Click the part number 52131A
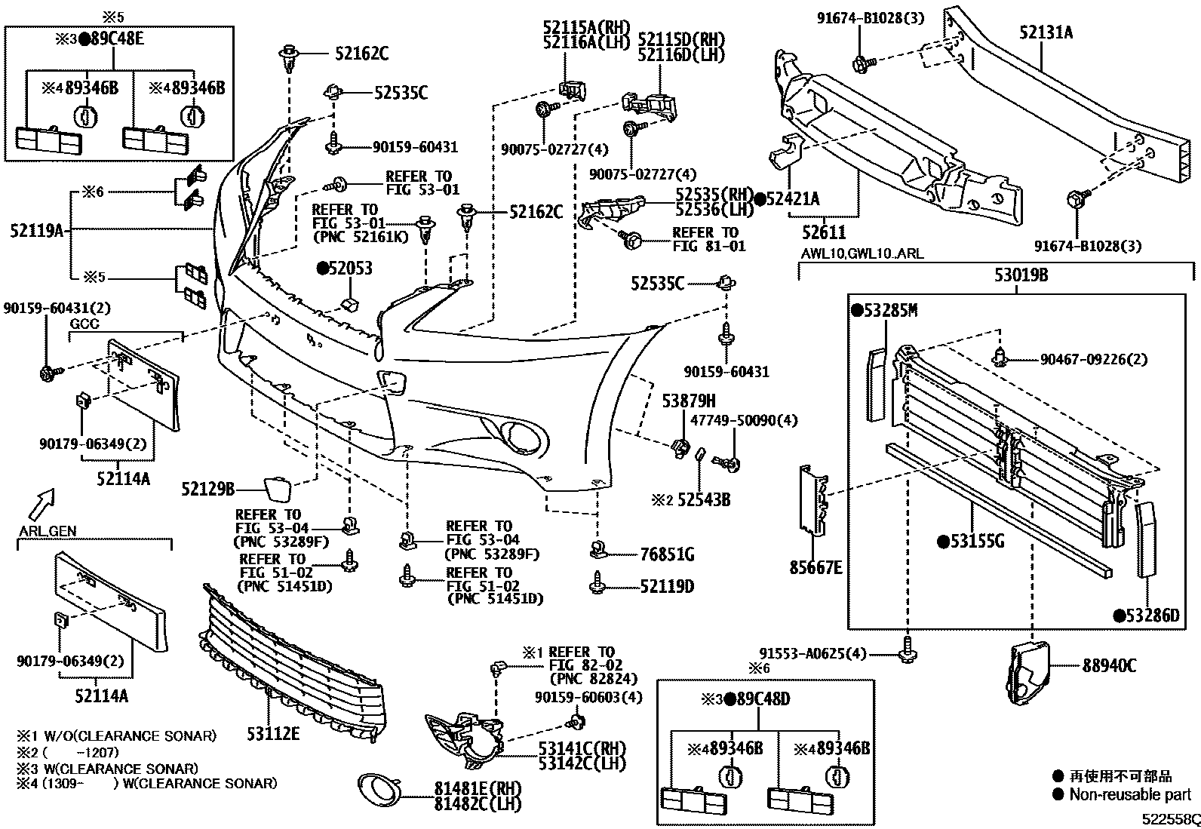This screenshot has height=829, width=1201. pos(1046,32)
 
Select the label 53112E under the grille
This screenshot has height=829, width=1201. pos(272,732)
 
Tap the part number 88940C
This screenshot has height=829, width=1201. pos(1109,665)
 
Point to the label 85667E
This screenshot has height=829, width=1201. pos(816,566)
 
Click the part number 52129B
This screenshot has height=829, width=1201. pos(208,490)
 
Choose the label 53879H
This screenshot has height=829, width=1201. pos(689,401)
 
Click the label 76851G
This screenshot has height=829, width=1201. pos(667,554)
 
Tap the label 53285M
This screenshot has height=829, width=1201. pos(889,310)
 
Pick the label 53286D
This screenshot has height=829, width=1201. pos(1152,616)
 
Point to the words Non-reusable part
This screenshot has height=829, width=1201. pos(1130,794)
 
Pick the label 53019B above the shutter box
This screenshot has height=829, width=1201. pos(1021,275)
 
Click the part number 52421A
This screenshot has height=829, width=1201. pos(792,199)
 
